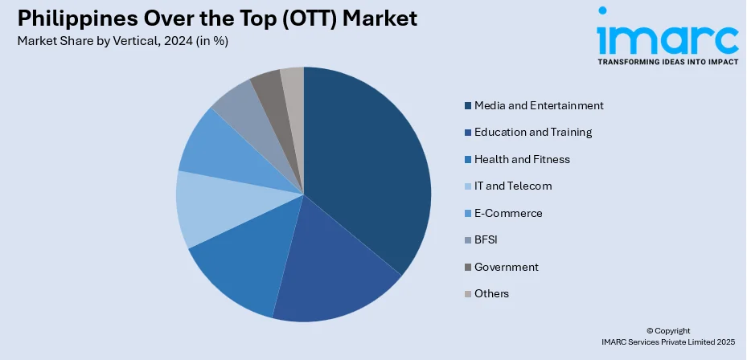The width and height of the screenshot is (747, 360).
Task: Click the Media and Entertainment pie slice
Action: pyautogui.click(x=370, y=169)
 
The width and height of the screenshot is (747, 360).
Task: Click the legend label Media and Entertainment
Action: pyautogui.click(x=539, y=105)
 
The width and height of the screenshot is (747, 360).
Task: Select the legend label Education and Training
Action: pyautogui.click(x=533, y=133)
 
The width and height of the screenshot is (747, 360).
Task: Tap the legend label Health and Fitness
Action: pyautogui.click(x=522, y=159)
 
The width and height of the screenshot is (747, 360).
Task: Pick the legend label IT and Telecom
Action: pyautogui.click(x=513, y=186)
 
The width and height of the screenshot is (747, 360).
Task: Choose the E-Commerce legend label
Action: pyautogui.click(x=508, y=213)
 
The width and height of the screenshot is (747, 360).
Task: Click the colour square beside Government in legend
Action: pyautogui.click(x=468, y=268)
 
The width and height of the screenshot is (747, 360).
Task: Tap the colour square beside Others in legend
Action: pyautogui.click(x=468, y=294)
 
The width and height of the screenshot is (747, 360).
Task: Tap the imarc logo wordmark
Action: pyautogui.click(x=667, y=36)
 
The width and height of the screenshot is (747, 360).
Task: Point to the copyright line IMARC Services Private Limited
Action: pyautogui.click(x=669, y=342)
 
